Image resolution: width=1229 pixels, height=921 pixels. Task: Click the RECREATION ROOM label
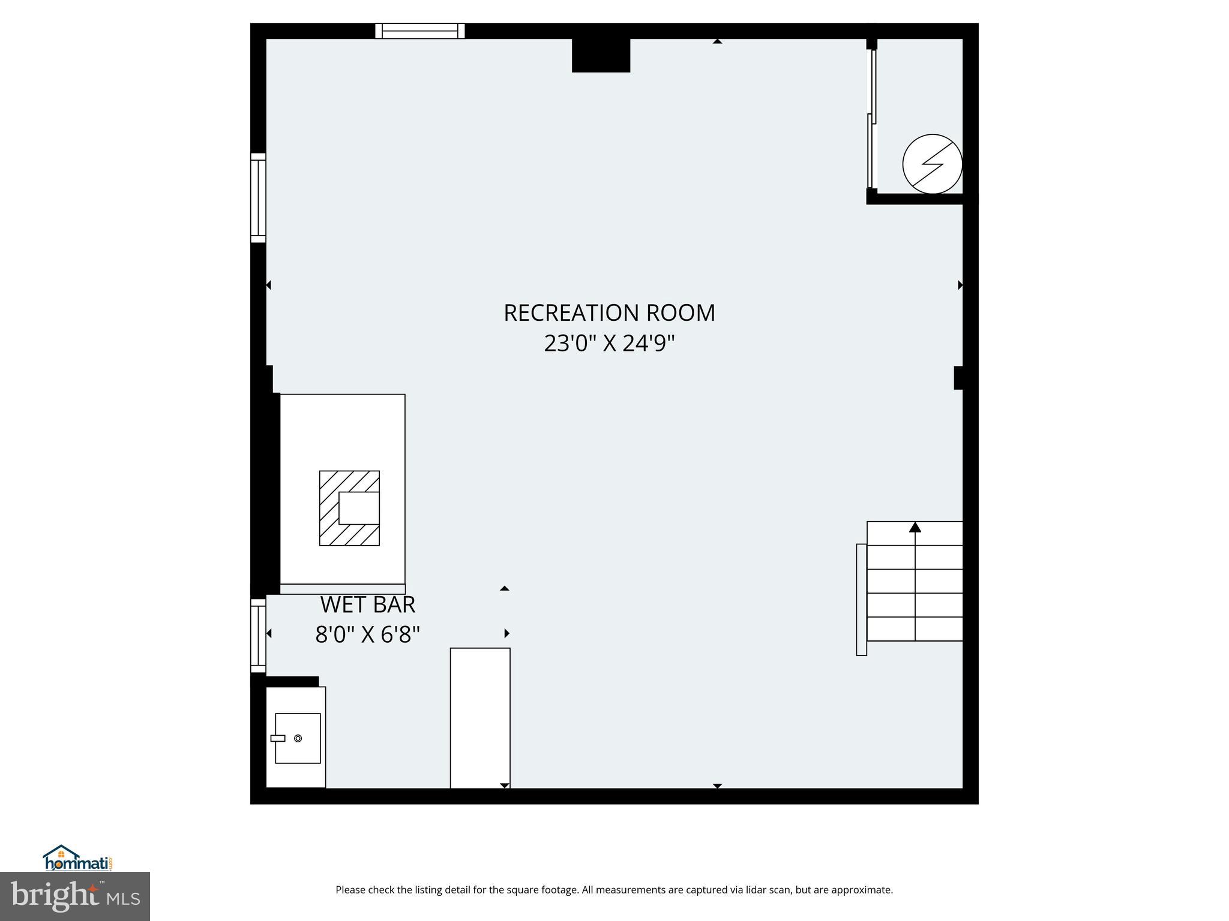609,313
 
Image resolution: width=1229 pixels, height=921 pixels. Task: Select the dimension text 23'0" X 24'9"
609,344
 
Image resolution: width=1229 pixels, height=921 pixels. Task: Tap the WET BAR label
367,604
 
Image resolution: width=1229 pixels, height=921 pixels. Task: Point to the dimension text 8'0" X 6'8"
367,634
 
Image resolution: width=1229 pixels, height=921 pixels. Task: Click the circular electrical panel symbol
932,164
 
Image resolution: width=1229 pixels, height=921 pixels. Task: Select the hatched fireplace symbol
349,508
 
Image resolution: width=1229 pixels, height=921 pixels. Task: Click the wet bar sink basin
298,738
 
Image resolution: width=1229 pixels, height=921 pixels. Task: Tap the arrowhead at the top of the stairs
915,527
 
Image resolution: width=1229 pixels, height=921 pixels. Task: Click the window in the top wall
420,31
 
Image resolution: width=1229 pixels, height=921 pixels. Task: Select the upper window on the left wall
258,198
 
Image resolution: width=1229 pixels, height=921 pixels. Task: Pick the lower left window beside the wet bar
258,636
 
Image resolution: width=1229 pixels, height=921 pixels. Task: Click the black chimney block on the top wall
601,55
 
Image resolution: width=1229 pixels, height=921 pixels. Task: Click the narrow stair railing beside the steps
861,600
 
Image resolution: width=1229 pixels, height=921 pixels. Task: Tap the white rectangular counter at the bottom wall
480,718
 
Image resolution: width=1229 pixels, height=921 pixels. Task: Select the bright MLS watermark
75,896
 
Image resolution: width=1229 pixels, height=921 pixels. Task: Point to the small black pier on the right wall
959,378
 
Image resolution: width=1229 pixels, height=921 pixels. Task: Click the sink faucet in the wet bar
277,738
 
